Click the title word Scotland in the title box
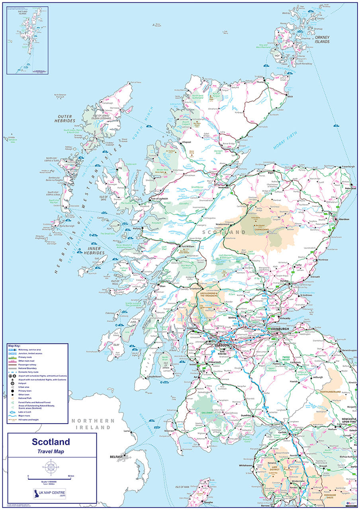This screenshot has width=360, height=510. (51, 442)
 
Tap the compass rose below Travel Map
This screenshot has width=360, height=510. (51, 466)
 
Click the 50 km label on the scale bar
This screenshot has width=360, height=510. (70, 476)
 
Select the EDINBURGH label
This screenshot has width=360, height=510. (279, 329)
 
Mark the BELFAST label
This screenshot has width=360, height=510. (117, 457)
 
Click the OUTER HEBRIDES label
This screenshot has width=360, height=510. (64, 118)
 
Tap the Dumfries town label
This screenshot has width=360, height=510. (246, 416)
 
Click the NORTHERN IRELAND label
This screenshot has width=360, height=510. (93, 424)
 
